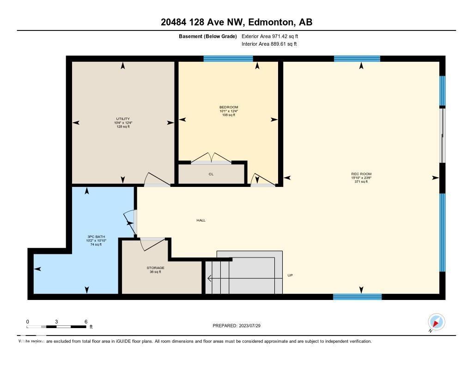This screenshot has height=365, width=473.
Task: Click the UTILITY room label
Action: [123, 119]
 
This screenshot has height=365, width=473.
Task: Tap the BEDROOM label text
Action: [229, 107]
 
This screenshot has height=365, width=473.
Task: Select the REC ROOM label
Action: [361, 174]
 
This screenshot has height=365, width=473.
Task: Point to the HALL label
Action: [201, 220]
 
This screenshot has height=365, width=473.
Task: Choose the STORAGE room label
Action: [156, 268]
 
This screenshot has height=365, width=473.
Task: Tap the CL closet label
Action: [211, 174]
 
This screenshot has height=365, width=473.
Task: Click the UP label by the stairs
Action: [290, 275]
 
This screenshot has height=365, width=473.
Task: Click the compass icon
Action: [436, 322]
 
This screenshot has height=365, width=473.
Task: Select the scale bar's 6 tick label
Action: [86, 321]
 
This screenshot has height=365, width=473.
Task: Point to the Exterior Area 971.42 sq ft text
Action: [273, 36]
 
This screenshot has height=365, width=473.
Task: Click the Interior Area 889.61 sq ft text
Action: [269, 44]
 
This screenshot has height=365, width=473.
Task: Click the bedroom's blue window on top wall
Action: [228, 59]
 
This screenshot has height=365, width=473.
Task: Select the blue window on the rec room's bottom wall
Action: [358, 297]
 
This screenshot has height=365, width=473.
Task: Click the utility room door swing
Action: [154, 180]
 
